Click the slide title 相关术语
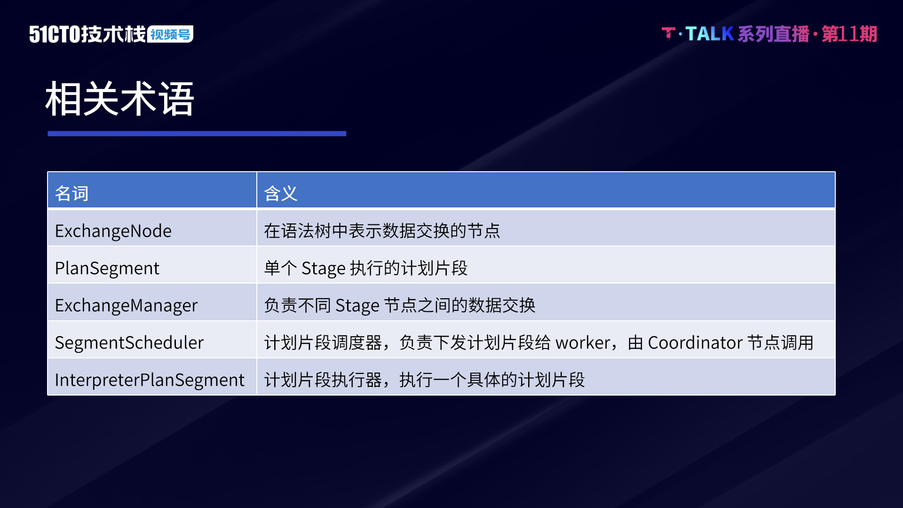(120, 99)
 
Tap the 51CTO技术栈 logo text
(87, 34)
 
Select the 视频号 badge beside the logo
(170, 34)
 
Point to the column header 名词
(71, 193)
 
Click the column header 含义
(281, 193)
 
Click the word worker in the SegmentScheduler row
(583, 343)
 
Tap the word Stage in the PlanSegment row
(324, 269)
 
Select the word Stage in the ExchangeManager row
(357, 306)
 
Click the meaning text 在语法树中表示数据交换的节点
(382, 231)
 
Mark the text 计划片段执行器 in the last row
(323, 380)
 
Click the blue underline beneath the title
(197, 134)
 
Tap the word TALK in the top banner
(710, 34)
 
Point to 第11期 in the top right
(849, 34)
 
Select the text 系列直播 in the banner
(774, 34)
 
